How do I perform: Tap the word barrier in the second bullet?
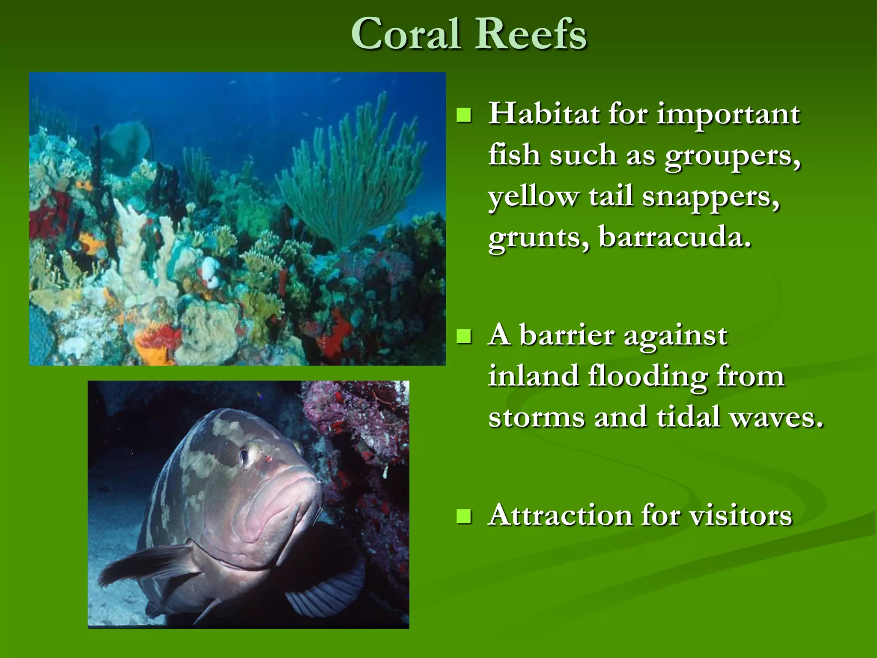(x=567, y=335)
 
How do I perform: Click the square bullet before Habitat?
(x=463, y=115)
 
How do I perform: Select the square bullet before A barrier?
(x=463, y=336)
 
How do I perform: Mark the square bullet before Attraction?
(x=463, y=516)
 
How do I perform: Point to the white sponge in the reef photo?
(x=210, y=270)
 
